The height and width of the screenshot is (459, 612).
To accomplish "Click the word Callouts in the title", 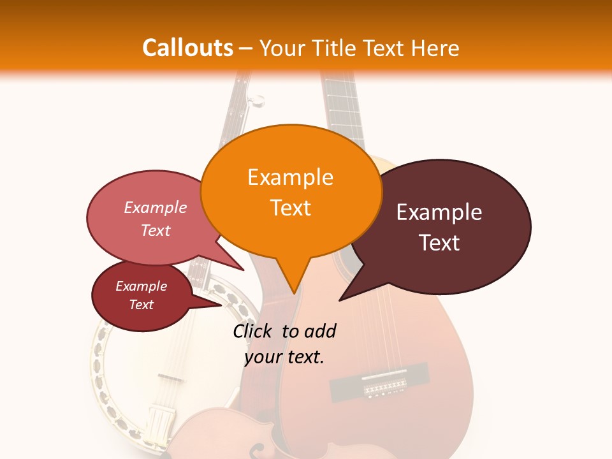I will (187, 48).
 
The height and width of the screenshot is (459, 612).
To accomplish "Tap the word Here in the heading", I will (435, 48).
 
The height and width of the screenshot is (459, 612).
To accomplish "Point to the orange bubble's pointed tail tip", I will (294, 293).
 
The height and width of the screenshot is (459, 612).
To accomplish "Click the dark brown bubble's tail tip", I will (339, 300).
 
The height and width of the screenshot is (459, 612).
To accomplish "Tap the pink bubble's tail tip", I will (244, 270).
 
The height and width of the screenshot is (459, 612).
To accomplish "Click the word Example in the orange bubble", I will (290, 177).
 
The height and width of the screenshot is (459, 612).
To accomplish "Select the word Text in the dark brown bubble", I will (439, 243).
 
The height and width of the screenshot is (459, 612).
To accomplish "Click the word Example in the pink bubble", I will (155, 208).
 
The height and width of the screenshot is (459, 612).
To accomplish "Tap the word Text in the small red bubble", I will (141, 305).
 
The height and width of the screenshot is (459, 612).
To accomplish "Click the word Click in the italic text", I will (253, 331).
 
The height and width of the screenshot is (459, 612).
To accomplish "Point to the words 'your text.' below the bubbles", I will (284, 357).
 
